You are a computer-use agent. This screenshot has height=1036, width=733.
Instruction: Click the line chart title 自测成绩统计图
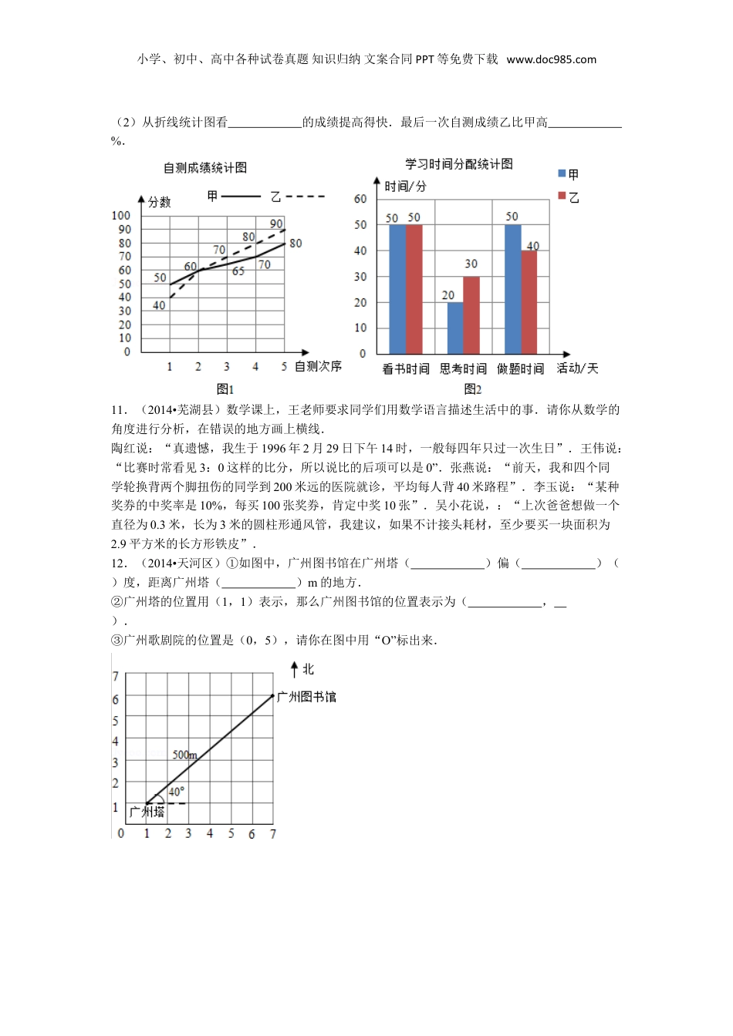click(204, 168)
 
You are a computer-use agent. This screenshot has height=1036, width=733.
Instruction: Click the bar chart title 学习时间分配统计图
click(458, 164)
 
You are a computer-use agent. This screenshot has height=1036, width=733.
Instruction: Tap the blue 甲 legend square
click(562, 174)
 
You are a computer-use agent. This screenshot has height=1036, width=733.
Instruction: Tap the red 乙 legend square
click(562, 197)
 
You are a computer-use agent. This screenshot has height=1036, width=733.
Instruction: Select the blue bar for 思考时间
click(455, 328)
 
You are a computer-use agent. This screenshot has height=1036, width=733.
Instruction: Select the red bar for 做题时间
click(529, 301)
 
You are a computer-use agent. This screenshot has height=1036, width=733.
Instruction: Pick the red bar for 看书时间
click(414, 288)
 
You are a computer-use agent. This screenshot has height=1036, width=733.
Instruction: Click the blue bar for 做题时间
click(512, 288)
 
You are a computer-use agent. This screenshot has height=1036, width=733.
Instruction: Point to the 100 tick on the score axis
click(121, 216)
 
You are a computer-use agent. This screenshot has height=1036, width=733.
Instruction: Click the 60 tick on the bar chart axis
click(360, 199)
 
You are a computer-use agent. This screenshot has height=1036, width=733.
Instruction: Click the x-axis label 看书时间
click(406, 369)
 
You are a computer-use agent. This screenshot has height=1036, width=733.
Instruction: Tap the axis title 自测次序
click(318, 366)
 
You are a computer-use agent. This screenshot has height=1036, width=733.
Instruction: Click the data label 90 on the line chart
click(275, 224)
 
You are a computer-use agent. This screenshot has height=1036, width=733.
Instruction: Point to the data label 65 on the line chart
click(238, 271)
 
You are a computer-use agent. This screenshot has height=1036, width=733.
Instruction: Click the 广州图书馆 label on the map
click(306, 697)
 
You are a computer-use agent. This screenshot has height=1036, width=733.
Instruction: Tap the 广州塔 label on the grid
click(147, 812)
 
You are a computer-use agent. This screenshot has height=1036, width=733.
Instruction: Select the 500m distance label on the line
click(184, 755)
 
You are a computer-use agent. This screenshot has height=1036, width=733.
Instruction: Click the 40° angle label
click(176, 792)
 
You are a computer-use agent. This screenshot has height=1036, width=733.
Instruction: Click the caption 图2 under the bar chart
click(472, 389)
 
